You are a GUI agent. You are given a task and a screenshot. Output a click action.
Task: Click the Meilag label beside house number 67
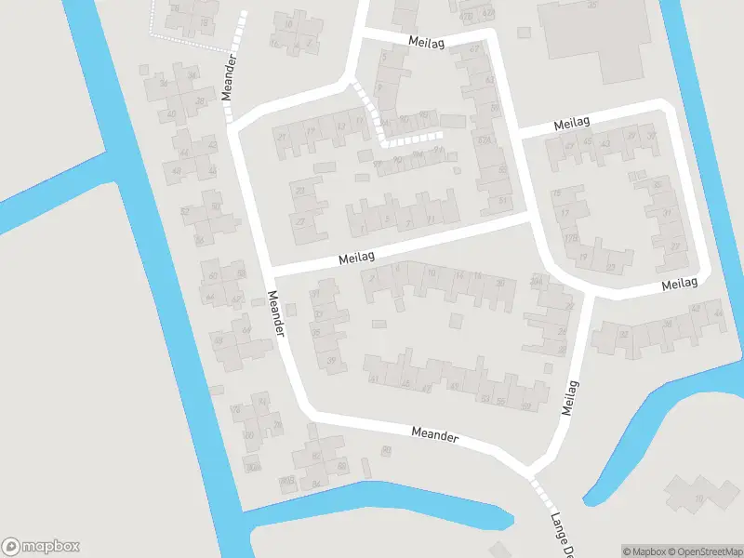point(426,42)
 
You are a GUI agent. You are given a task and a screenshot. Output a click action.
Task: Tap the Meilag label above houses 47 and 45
point(572,123)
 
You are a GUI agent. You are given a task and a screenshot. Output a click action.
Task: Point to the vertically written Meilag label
point(571,397)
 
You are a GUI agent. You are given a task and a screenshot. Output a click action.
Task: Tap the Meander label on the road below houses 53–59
point(435,433)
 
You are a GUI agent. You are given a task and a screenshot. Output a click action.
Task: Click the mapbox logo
point(41,547)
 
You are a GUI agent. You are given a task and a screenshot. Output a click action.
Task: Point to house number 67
point(475,49)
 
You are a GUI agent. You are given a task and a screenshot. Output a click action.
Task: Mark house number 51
point(503,200)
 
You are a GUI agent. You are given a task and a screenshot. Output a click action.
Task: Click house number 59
point(525,406)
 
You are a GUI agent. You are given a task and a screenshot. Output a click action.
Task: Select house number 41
point(374,379)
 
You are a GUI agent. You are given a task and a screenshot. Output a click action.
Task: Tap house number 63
point(490,80)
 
